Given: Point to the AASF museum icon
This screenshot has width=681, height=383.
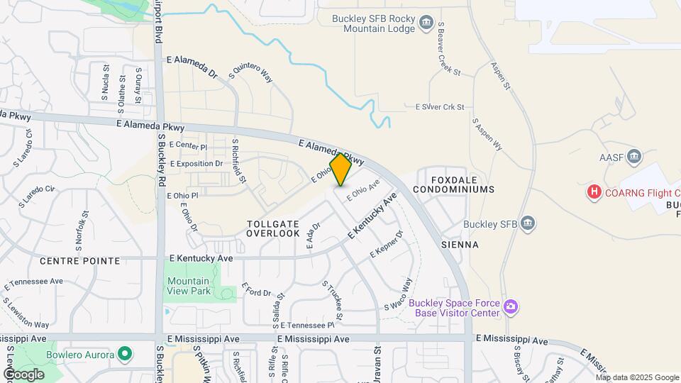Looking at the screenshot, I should pyautogui.click(x=634, y=156).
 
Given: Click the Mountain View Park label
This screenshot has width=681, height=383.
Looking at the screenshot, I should pyautogui.click(x=189, y=286).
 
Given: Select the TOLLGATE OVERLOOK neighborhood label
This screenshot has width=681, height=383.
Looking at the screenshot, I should pyautogui.click(x=273, y=228).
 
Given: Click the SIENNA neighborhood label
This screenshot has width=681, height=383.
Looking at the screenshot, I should pyautogui.click(x=460, y=245).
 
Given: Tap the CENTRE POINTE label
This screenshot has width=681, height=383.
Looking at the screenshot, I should pyautogui.click(x=79, y=261).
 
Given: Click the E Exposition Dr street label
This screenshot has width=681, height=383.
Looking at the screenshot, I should pyautogui.click(x=196, y=164).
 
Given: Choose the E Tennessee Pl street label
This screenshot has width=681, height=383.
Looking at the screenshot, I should pyautogui.click(x=306, y=325).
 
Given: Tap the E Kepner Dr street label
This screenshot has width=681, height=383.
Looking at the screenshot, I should pyautogui.click(x=387, y=244).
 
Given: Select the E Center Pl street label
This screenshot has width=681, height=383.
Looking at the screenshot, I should pyautogui.click(x=188, y=146).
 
